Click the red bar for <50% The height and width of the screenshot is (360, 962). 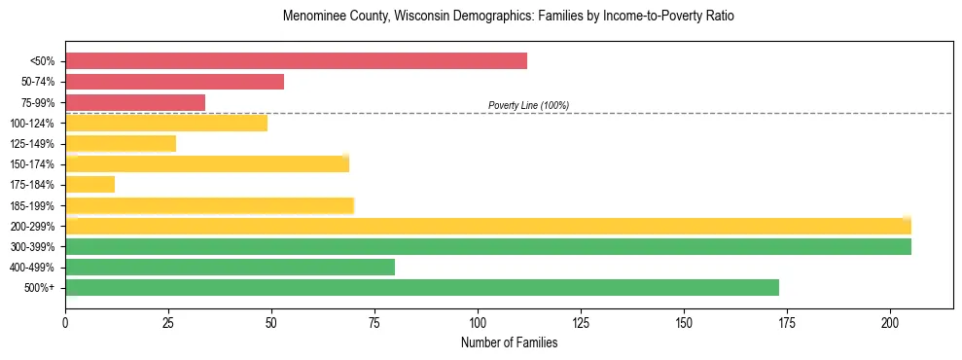coord(296,61)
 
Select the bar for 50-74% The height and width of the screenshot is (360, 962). coord(174,82)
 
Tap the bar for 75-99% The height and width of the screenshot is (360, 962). coord(135,102)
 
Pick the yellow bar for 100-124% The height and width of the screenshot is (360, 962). coord(166,123)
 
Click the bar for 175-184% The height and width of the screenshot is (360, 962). coord(89,184)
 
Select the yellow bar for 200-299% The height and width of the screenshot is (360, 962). coord(487,226)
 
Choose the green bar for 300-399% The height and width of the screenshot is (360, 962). coord(487,246)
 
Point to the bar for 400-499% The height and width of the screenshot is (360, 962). coord(230,267)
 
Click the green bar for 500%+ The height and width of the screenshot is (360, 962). coord(421,287)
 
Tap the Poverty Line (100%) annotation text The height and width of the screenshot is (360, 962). coord(528,105)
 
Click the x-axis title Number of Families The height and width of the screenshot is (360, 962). coord(509,342)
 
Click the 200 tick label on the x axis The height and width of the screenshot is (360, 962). coord(890,322)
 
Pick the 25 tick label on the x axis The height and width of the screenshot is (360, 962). coord(168,322)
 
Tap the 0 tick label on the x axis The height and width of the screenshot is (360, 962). coord(65,322)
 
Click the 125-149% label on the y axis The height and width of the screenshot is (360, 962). coord(32,144)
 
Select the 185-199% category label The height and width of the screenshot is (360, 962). coord(32,205)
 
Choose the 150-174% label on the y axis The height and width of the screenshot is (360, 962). coord(32,164)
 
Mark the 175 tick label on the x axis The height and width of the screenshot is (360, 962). coord(787,322)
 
